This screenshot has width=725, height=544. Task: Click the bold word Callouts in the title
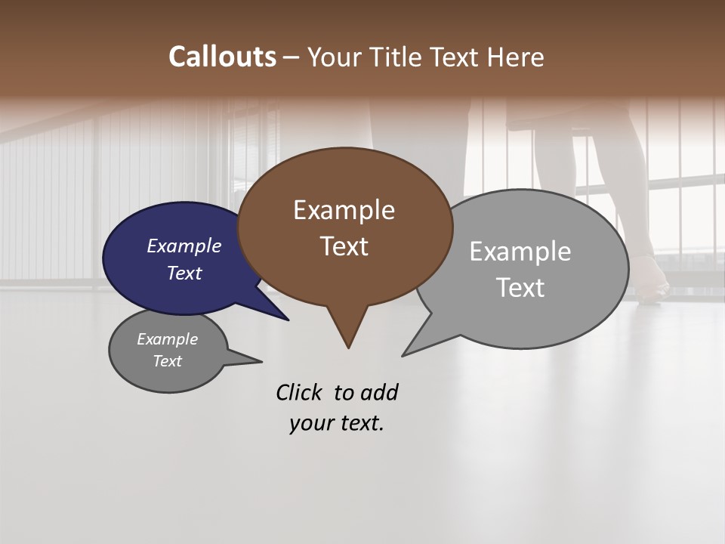pyautogui.click(x=222, y=57)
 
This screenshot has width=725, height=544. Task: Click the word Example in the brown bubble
pyautogui.click(x=344, y=210)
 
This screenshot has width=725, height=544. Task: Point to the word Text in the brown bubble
pyautogui.click(x=344, y=246)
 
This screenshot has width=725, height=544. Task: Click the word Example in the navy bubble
pyautogui.click(x=184, y=246)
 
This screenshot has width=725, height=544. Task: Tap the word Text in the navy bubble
pyautogui.click(x=184, y=273)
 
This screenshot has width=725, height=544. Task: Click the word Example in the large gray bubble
pyautogui.click(x=520, y=251)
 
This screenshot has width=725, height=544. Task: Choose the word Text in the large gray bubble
pyautogui.click(x=520, y=287)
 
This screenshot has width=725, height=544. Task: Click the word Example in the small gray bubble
pyautogui.click(x=167, y=339)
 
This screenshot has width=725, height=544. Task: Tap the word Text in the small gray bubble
pyautogui.click(x=167, y=361)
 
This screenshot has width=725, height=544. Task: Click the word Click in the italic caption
pyautogui.click(x=300, y=392)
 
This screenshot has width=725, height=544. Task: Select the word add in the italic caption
pyautogui.click(x=379, y=392)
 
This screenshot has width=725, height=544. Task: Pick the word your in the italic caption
pyautogui.click(x=311, y=423)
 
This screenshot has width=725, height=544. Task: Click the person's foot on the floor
pyautogui.click(x=649, y=283)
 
